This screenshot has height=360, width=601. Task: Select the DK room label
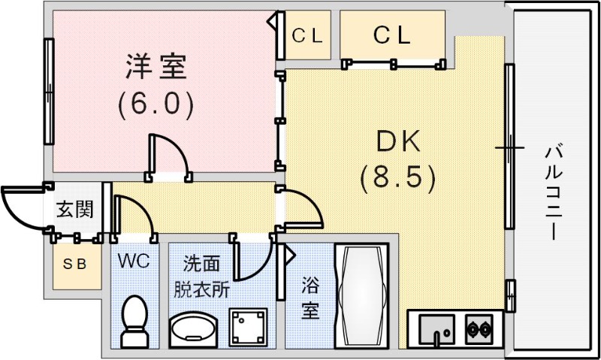[397, 141]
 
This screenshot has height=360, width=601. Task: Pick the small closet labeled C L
[307, 35]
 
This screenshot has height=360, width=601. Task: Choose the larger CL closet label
[392, 35]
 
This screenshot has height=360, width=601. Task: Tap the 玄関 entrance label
[74, 209]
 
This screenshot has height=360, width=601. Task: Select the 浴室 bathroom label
[310, 296]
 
